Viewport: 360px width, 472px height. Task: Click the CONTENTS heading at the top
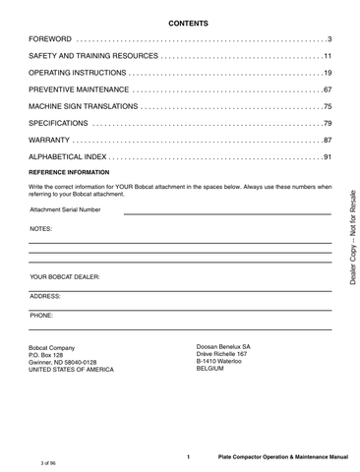[180, 20]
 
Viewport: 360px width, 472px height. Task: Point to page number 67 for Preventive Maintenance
[328, 89]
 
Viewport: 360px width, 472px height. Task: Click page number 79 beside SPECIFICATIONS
[328, 123]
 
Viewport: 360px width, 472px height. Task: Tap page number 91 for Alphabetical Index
[328, 157]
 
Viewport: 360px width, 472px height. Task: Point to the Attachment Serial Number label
[65, 209]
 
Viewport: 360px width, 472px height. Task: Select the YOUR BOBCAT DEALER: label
[65, 277]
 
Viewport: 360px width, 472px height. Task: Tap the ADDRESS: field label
[45, 295]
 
